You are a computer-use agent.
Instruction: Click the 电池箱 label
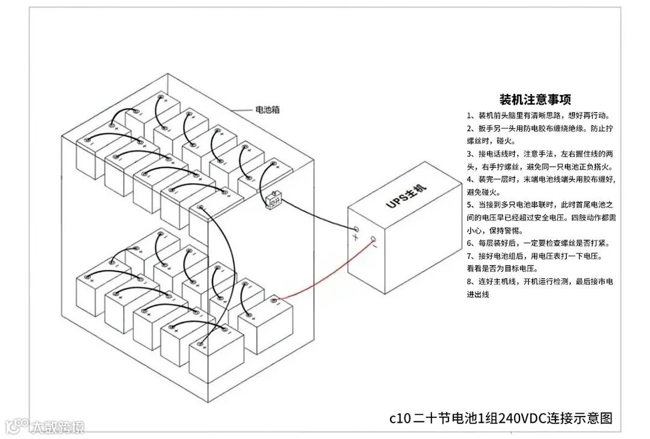pos(267,110)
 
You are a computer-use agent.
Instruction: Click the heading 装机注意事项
pos(535,99)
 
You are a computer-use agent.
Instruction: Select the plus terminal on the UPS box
pos(356,229)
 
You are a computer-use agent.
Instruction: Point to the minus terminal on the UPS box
pos(374,239)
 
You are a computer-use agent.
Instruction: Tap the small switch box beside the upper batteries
pos(273,199)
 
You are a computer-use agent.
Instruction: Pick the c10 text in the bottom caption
pos(400,418)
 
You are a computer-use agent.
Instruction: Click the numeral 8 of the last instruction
pos(469,282)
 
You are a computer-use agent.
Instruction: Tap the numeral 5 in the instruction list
pos(469,205)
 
